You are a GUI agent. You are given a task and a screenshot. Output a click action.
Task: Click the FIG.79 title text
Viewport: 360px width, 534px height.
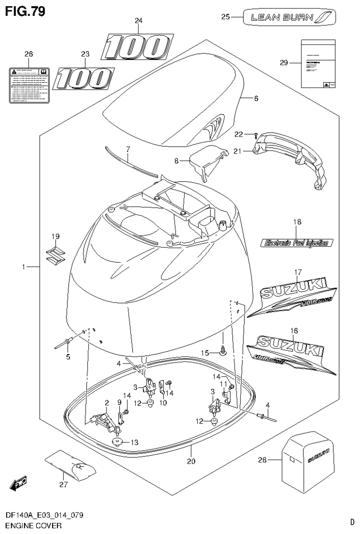pyautogui.click(x=26, y=11)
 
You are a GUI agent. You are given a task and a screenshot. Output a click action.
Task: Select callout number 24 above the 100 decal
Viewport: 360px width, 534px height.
pyautogui.click(x=138, y=21)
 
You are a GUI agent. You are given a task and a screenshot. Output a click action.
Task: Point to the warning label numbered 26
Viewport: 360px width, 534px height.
pyautogui.click(x=29, y=85)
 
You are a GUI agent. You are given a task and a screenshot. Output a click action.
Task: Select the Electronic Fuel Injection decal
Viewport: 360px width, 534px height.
pyautogui.click(x=297, y=243)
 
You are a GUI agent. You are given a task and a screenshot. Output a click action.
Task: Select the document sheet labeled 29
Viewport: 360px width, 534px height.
pyautogui.click(x=318, y=63)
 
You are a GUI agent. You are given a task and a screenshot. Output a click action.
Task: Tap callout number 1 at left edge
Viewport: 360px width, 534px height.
pyautogui.click(x=23, y=267)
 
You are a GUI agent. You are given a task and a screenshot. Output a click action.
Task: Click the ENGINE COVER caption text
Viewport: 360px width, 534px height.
pyautogui.click(x=33, y=526)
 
